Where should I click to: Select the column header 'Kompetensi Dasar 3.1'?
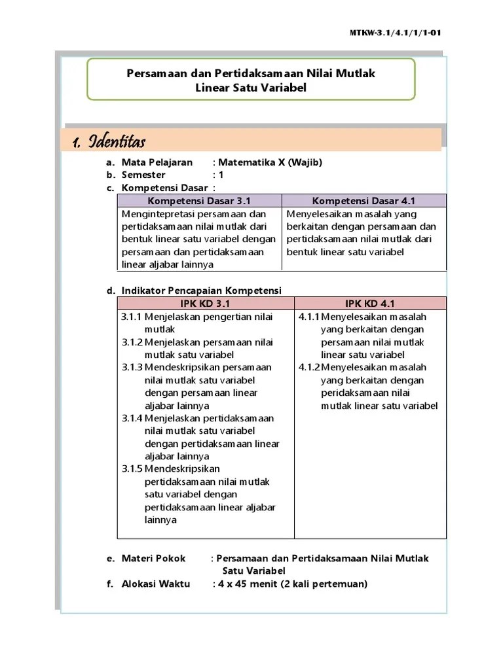199,201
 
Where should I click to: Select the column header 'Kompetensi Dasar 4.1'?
363,201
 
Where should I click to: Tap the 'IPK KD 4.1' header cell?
370,304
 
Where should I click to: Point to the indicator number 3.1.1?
132,317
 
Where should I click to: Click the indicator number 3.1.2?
132,342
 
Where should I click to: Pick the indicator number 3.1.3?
132,368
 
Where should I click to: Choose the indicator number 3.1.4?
132,418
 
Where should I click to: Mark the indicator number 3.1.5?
132,469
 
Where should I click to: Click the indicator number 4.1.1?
309,317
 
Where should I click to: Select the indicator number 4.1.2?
309,368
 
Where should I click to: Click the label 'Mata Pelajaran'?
157,162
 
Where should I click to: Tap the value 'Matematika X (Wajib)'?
270,162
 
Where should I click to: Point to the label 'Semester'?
143,175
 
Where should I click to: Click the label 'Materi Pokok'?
153,559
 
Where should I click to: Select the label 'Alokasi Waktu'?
156,584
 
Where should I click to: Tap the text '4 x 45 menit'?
248,584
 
